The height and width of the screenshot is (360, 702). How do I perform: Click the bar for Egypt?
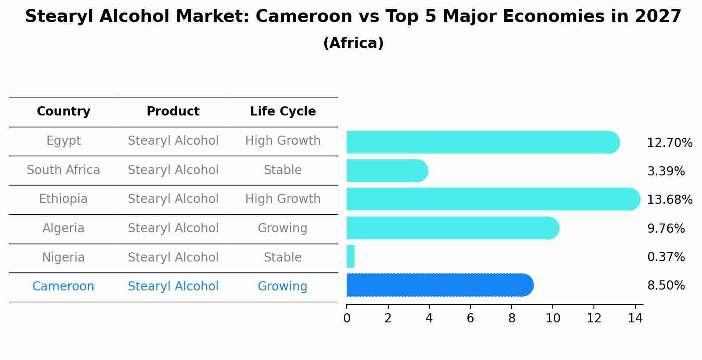[x=481, y=142]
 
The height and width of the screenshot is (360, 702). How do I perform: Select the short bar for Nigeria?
[x=350, y=256]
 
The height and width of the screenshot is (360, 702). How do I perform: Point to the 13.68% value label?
[x=669, y=200]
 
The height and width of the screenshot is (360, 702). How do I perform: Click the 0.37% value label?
[x=666, y=257]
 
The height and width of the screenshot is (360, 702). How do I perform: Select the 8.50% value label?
[x=666, y=286]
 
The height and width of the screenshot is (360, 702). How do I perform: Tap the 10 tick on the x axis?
[x=553, y=318]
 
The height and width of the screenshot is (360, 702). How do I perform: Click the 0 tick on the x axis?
[x=347, y=318]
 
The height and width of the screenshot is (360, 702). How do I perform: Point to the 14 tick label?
[x=635, y=318]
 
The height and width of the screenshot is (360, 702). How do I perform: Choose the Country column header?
[x=63, y=112]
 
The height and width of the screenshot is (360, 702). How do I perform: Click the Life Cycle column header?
[x=283, y=112]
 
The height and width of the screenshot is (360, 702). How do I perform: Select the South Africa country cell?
[x=63, y=170]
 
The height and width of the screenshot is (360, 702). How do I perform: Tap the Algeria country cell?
[x=63, y=228]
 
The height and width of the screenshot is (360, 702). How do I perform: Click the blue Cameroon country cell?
[x=63, y=287]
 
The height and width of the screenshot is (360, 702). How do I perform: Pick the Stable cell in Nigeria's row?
[x=283, y=258]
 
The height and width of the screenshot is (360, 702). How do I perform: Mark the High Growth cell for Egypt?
[x=283, y=141]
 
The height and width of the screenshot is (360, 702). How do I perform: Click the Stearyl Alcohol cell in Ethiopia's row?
[x=173, y=199]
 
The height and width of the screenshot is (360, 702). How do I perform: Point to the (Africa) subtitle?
[x=353, y=43]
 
